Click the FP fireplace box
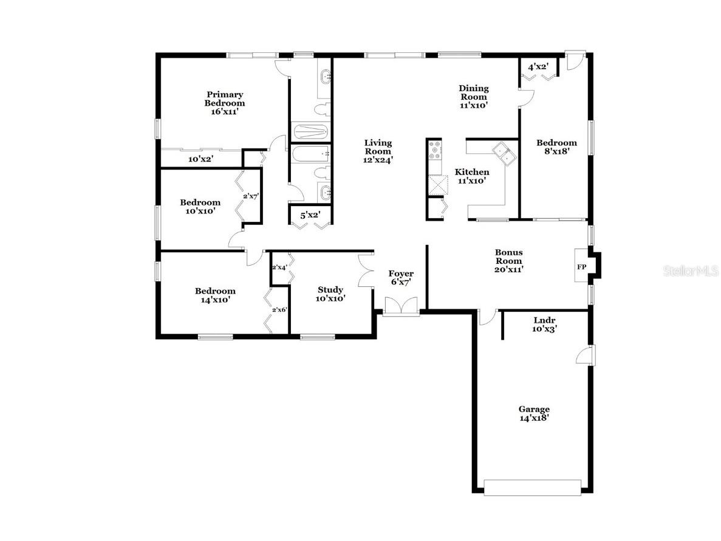click(x=581, y=267)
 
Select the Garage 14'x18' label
click(x=534, y=413)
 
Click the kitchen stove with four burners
click(x=435, y=156)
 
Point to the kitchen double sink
click(x=504, y=153)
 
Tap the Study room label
click(x=330, y=294)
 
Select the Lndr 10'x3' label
click(x=545, y=324)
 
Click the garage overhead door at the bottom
click(x=532, y=487)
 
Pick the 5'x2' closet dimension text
click(x=310, y=214)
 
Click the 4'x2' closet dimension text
click(x=538, y=67)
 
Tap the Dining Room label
click(x=473, y=96)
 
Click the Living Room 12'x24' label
click(x=378, y=151)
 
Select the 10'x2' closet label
click(x=200, y=159)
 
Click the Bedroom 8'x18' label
click(x=556, y=147)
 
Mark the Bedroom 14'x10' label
click(x=215, y=295)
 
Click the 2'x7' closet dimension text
click(x=251, y=196)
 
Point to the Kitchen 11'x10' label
click(x=472, y=176)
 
